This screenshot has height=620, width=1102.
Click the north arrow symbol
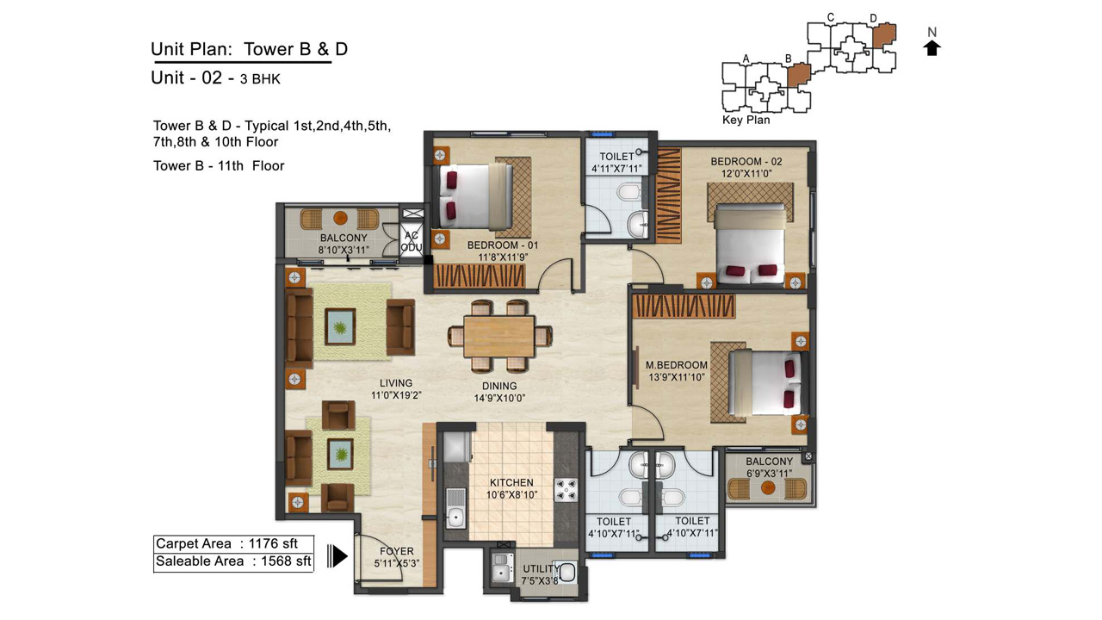click(x=932, y=48)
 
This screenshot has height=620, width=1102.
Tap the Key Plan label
click(x=746, y=120)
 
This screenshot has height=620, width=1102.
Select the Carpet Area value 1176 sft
click(x=273, y=543)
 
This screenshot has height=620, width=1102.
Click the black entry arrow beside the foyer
click(x=337, y=556)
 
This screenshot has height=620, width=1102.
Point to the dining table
click(x=498, y=337)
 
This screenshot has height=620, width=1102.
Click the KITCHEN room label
click(x=511, y=483)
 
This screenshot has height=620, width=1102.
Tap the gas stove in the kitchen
click(x=566, y=490)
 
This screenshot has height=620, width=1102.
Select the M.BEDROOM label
click(x=677, y=365)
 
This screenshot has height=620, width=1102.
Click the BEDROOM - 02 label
click(x=746, y=161)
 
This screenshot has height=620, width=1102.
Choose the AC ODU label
click(x=412, y=241)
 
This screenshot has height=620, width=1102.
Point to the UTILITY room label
click(x=541, y=569)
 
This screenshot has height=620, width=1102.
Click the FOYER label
click(x=397, y=551)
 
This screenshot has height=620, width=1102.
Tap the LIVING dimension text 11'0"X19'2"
click(x=396, y=395)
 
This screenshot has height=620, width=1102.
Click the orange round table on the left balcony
click(x=340, y=218)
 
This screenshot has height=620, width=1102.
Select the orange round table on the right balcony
click(x=767, y=488)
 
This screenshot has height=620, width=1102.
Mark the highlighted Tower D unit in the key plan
click(x=884, y=35)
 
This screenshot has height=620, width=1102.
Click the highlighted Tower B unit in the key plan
click(x=798, y=75)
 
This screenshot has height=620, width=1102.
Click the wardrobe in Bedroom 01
click(x=480, y=276)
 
